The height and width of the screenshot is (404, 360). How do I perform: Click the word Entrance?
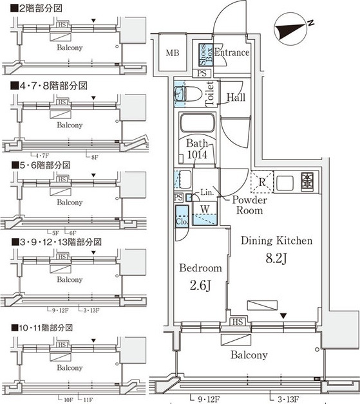click(x=231, y=53)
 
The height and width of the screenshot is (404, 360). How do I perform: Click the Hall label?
click(x=235, y=98)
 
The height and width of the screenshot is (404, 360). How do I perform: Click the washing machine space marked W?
click(x=204, y=209)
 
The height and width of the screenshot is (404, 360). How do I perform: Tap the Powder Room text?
click(x=249, y=205)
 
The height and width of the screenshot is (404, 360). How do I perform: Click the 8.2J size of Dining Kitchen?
click(x=277, y=261)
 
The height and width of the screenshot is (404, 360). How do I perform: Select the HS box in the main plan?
click(x=236, y=321)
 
